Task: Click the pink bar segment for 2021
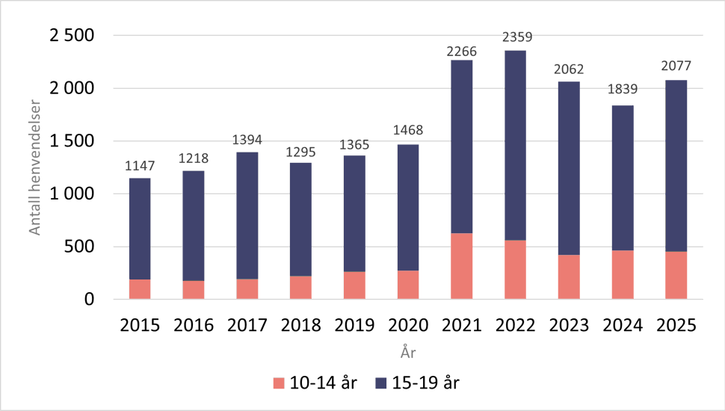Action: [461, 266]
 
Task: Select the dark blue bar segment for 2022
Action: [514, 145]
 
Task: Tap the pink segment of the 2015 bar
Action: [139, 289]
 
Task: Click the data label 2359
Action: [514, 35]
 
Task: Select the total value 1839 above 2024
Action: [622, 90]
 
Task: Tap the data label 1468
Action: [407, 130]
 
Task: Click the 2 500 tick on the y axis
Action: [72, 35]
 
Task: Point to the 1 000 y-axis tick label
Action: [72, 194]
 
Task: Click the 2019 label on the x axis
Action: [354, 326]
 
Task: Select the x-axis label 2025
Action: [676, 326]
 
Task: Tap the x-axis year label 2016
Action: [193, 326]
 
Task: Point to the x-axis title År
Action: [407, 350]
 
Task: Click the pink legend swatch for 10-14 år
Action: [280, 383]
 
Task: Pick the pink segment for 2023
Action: [568, 276]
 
